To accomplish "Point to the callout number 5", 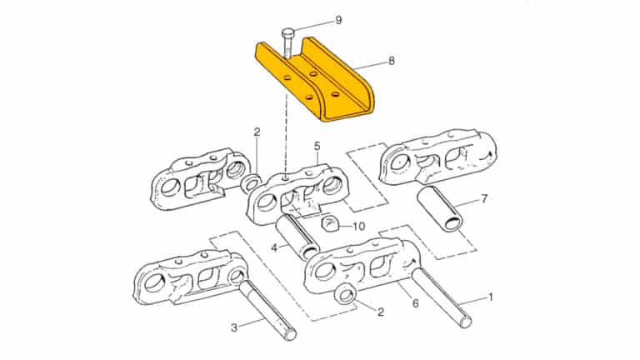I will click(x=317, y=146).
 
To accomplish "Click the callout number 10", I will click(x=358, y=226).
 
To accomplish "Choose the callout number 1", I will click(x=491, y=296).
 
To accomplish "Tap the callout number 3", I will click(x=234, y=327).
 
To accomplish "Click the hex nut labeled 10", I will click(x=329, y=224).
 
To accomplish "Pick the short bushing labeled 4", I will click(x=296, y=234).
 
